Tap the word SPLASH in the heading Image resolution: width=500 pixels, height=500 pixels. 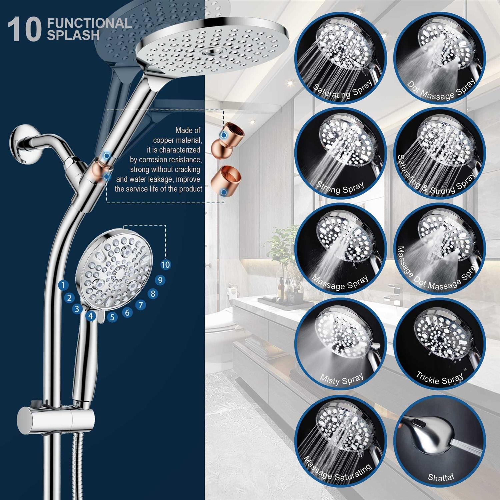[73, 35]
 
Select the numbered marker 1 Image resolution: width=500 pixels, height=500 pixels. [63, 285]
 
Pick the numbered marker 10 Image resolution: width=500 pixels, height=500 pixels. [165, 265]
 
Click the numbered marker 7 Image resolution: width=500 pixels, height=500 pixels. [141, 305]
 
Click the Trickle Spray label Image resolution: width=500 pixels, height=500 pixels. [440, 378]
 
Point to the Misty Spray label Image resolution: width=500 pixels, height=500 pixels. [342, 379]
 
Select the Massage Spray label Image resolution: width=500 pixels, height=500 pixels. [340, 283]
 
